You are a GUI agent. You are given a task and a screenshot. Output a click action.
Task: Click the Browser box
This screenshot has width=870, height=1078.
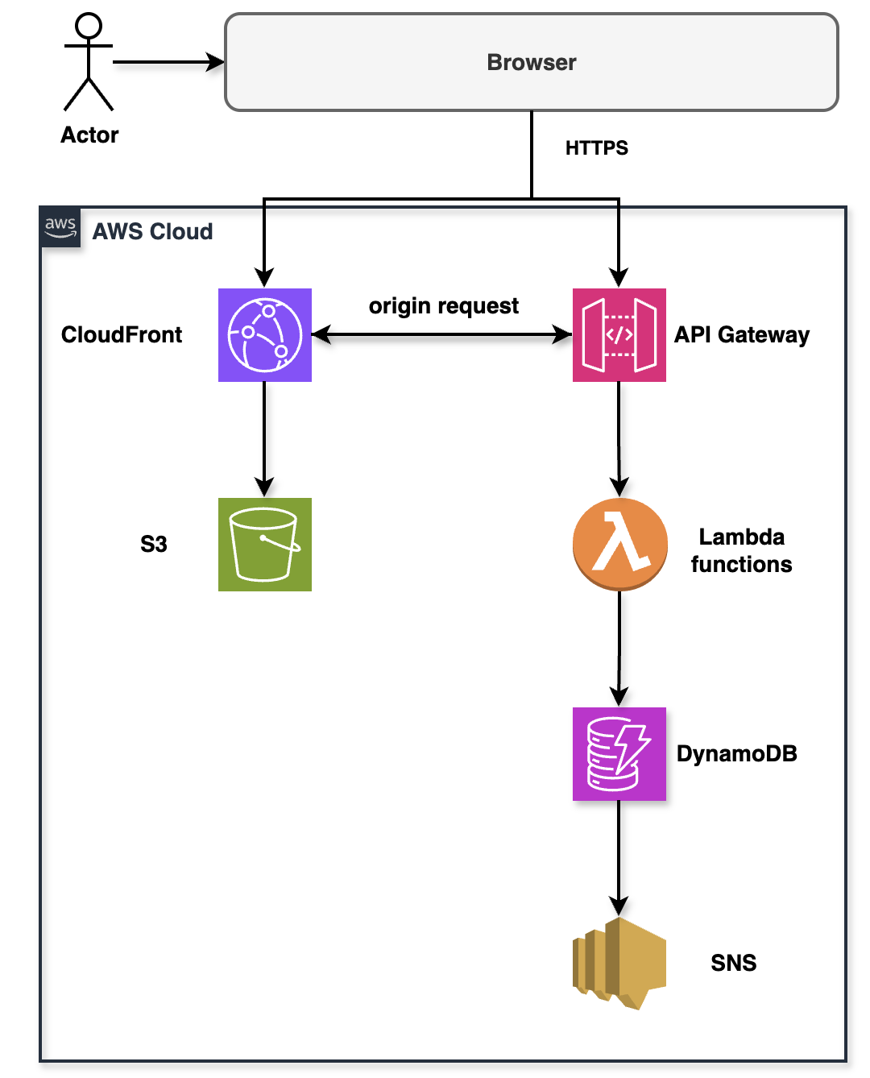[531, 62]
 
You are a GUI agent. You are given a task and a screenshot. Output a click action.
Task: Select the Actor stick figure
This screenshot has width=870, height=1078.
[89, 63]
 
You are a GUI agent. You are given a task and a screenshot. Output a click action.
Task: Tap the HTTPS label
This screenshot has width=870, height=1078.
[596, 148]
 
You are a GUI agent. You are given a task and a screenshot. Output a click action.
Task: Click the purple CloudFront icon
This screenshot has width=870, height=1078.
[264, 334]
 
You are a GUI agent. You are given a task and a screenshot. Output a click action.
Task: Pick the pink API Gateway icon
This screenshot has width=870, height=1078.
[619, 334]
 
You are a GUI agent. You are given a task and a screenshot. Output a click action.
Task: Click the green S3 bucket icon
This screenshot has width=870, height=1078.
[264, 544]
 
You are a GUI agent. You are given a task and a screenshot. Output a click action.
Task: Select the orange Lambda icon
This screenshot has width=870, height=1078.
[619, 544]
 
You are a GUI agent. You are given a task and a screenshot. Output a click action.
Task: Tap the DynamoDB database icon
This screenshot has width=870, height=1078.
[619, 753]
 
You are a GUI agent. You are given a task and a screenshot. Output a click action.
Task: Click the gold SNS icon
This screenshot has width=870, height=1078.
[619, 963]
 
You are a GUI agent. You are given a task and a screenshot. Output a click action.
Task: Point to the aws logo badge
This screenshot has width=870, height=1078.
[60, 226]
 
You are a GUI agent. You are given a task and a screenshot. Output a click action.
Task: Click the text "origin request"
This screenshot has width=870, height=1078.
[443, 306]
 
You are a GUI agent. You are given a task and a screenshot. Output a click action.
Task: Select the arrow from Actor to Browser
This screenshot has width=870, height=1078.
[168, 62]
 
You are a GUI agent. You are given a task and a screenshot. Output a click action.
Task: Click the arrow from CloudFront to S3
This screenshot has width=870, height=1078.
[264, 439]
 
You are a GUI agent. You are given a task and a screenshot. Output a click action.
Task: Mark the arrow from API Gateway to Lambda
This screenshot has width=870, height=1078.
[619, 439]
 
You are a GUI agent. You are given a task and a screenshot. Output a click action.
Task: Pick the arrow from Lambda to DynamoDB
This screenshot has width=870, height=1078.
[619, 649]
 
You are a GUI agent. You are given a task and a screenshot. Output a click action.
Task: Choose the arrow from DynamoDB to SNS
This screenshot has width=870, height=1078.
[619, 858]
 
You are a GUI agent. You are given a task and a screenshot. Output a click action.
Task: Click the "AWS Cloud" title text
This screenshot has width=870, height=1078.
[152, 232]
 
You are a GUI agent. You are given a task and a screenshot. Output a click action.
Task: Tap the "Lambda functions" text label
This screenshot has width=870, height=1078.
[741, 550]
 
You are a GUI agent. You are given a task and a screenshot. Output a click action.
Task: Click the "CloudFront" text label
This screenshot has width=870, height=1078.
[122, 334]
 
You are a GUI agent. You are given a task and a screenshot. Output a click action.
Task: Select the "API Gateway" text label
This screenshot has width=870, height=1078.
[741, 334]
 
